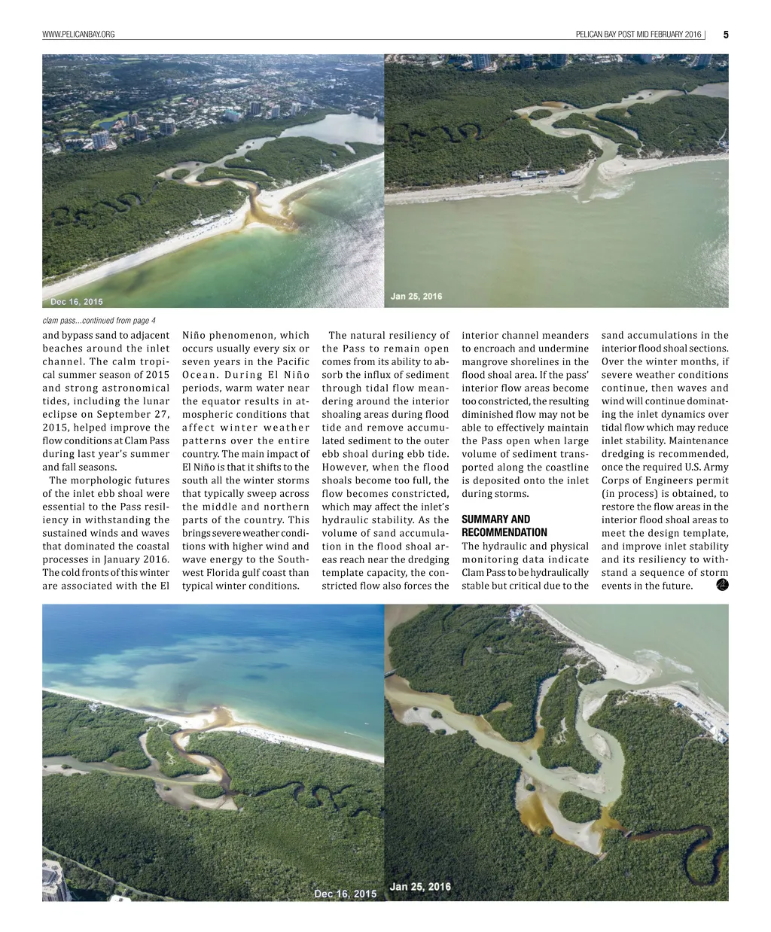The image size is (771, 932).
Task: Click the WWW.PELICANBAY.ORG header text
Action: click(x=79, y=35)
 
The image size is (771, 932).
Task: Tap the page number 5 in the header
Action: click(x=725, y=35)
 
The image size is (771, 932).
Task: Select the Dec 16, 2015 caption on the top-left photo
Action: click(x=77, y=302)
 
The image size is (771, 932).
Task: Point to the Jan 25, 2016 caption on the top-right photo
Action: click(x=416, y=297)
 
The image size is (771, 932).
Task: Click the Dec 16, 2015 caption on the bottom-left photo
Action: click(x=345, y=894)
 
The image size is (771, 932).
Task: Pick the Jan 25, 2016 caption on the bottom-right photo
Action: click(x=420, y=887)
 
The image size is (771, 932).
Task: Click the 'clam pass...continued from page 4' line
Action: click(x=99, y=321)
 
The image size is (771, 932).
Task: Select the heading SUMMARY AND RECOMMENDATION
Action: click(x=504, y=525)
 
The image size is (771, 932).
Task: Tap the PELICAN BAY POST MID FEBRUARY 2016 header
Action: click(x=638, y=35)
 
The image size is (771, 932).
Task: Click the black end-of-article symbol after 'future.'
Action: click(x=721, y=585)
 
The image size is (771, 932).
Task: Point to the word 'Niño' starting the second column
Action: click(x=195, y=336)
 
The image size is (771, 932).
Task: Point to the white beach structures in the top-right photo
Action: click(x=538, y=174)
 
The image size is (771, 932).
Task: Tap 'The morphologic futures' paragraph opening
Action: click(x=108, y=480)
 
